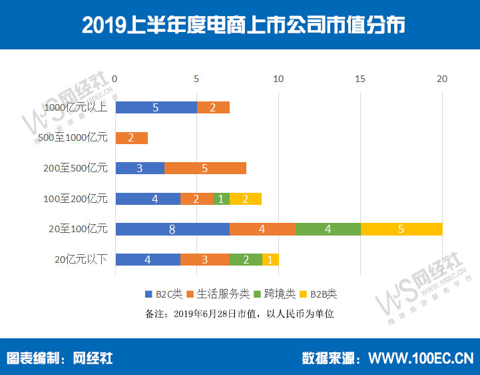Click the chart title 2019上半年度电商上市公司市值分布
point(240,25)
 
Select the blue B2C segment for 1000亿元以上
point(156,107)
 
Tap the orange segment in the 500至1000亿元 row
point(131,138)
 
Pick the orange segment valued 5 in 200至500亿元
point(205,168)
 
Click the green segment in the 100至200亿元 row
point(221,199)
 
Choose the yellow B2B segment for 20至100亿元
point(401,230)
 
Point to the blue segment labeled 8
point(172,230)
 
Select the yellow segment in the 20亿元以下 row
point(270,260)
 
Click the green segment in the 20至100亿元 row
point(328,230)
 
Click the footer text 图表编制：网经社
point(60,358)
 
